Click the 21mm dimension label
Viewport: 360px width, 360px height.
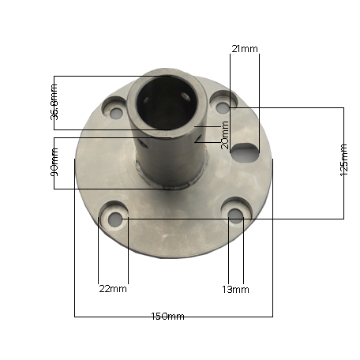pyautogui.click(x=244, y=49)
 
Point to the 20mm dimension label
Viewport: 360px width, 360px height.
pyautogui.click(x=225, y=134)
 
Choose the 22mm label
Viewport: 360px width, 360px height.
pyautogui.click(x=113, y=289)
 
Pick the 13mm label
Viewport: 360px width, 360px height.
pyautogui.click(x=235, y=289)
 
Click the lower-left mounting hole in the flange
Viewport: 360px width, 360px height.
pyautogui.click(x=115, y=219)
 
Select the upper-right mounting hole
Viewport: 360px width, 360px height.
pyautogui.click(x=223, y=105)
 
